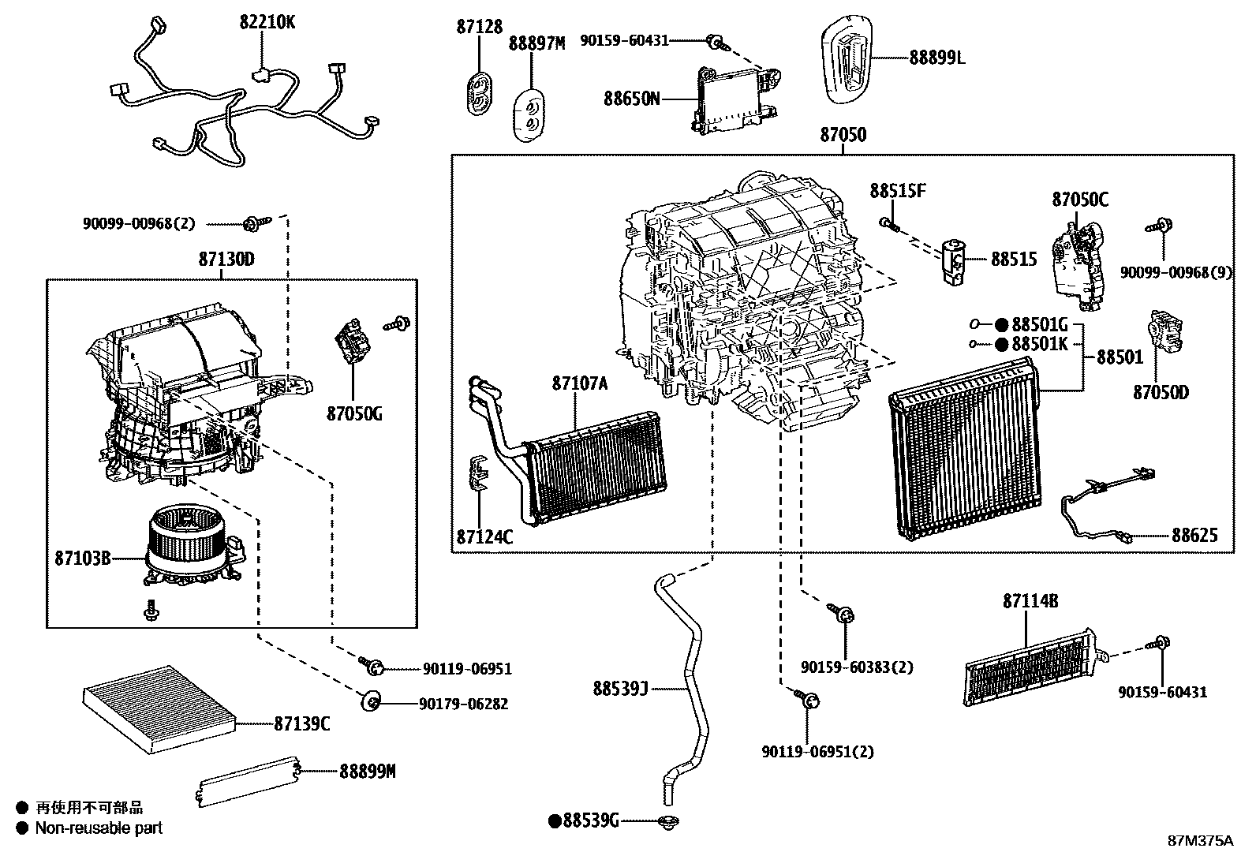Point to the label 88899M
(367, 771)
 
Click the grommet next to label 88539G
(668, 821)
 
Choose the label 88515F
(898, 191)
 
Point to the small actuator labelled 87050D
(1166, 331)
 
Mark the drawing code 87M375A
(1200, 841)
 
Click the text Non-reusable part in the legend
(99, 828)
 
